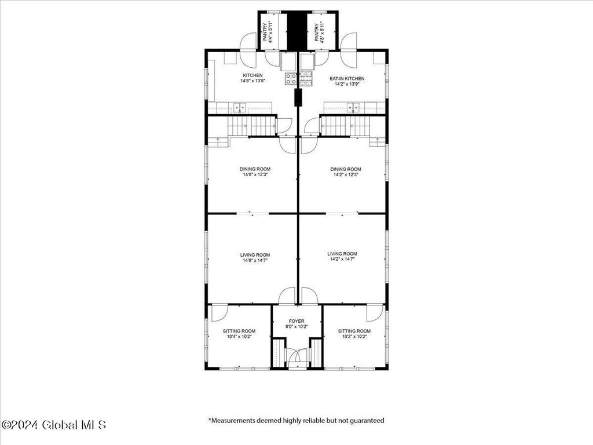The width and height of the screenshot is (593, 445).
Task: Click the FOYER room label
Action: tap(296, 321)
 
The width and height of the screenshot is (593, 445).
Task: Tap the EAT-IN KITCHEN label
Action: tap(347, 79)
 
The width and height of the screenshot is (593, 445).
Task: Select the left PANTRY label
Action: tap(265, 32)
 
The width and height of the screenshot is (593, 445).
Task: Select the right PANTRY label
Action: tap(317, 32)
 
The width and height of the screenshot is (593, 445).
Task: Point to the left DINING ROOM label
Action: tap(255, 169)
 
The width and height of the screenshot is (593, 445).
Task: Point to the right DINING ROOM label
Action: tap(346, 169)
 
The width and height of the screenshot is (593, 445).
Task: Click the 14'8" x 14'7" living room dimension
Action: tap(255, 260)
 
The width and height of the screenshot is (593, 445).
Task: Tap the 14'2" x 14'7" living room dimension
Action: tap(342, 259)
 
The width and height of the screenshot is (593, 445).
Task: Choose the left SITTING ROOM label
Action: tap(239, 331)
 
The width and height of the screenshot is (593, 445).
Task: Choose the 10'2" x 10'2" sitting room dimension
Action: tap(354, 337)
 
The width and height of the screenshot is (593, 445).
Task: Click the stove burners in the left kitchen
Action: tap(291, 79)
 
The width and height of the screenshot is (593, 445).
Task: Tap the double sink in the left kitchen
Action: tap(239, 108)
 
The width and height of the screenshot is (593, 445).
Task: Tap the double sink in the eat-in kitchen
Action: tap(353, 108)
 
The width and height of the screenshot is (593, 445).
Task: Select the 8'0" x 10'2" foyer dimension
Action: tap(296, 327)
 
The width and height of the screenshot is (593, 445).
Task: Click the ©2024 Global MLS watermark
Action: tap(54, 425)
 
